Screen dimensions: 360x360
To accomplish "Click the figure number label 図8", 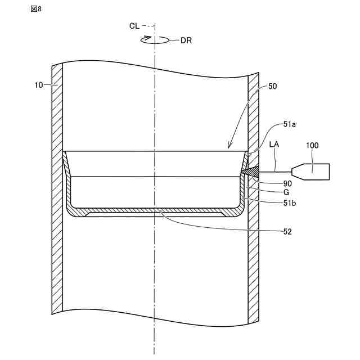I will [x=37, y=8].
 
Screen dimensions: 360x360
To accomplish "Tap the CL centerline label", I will [x=134, y=26].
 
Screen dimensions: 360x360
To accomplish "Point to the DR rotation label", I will [x=186, y=40].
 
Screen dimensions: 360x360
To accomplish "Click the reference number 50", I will [x=273, y=87].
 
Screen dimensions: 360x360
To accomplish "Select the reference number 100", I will [x=312, y=145].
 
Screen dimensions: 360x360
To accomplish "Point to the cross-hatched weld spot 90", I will [x=250, y=170].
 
